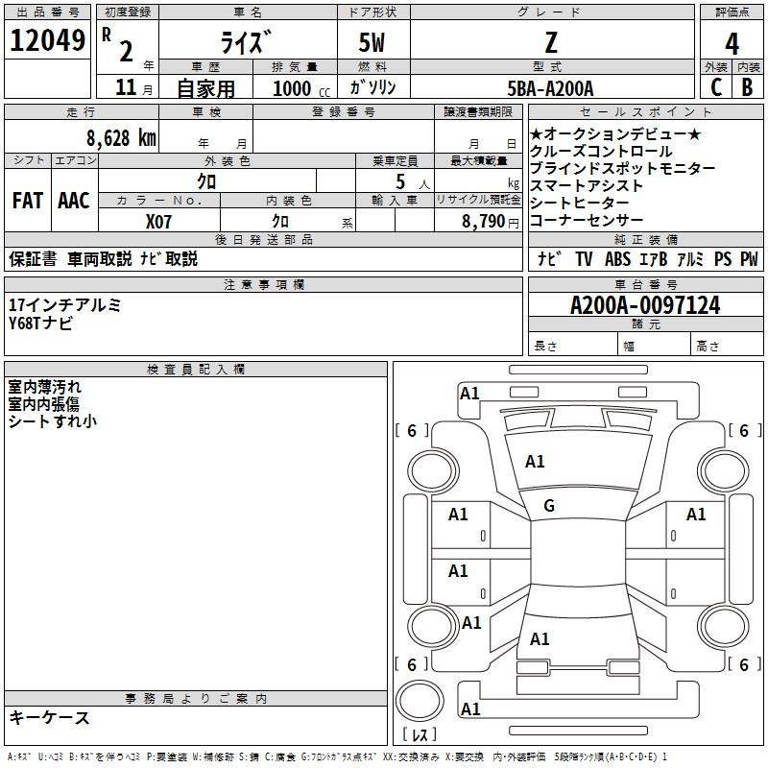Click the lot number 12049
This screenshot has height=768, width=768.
(x=47, y=40)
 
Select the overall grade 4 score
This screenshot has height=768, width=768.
(x=732, y=43)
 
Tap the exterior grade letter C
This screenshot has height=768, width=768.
(x=716, y=87)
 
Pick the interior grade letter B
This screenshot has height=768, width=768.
(x=748, y=87)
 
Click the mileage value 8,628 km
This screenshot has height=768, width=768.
(x=121, y=138)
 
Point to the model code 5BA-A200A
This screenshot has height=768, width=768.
(x=550, y=88)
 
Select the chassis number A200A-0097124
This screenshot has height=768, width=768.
(x=645, y=305)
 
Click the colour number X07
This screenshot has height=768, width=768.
(x=158, y=222)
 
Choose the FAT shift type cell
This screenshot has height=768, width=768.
(x=28, y=201)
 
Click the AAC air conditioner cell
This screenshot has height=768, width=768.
(x=74, y=201)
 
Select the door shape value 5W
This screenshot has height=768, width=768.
(x=372, y=42)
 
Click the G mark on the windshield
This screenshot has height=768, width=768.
(x=549, y=505)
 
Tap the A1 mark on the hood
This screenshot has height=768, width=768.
(x=535, y=462)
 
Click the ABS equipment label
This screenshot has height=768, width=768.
(x=617, y=258)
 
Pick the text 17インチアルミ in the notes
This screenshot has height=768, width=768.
(x=64, y=304)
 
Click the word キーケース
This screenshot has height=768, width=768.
(x=50, y=717)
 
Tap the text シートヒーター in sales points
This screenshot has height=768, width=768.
(x=580, y=203)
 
